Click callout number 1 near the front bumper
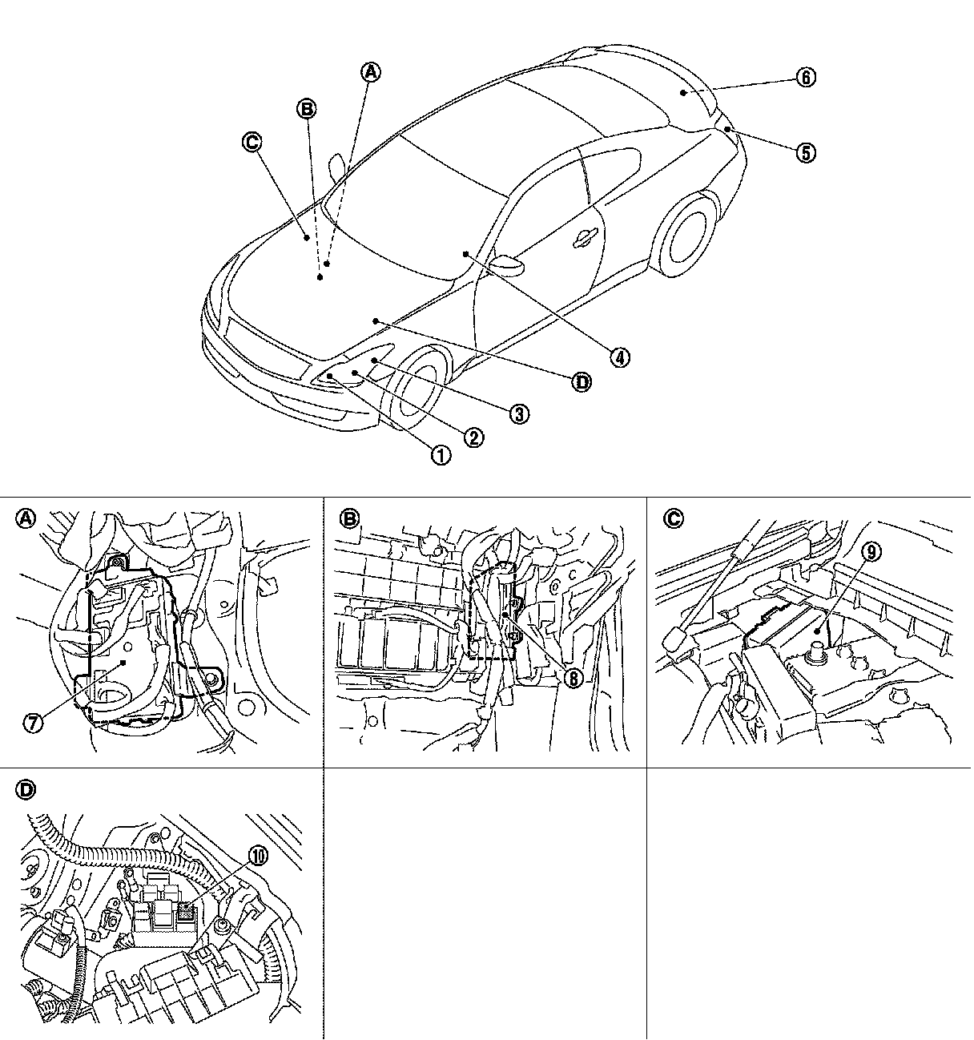(x=441, y=456)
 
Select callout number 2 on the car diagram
(x=474, y=437)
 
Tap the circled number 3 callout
(x=519, y=414)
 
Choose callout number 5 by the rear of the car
(x=806, y=153)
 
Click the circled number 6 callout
(x=806, y=78)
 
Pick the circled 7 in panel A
(x=33, y=724)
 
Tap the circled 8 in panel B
(x=574, y=679)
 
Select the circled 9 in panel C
(x=872, y=551)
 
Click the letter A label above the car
(x=370, y=72)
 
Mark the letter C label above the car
(x=252, y=142)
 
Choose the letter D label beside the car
(x=582, y=382)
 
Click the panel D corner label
(x=26, y=790)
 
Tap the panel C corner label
(x=673, y=518)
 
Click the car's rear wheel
(x=688, y=236)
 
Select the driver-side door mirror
(x=507, y=264)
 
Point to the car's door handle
(x=586, y=237)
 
